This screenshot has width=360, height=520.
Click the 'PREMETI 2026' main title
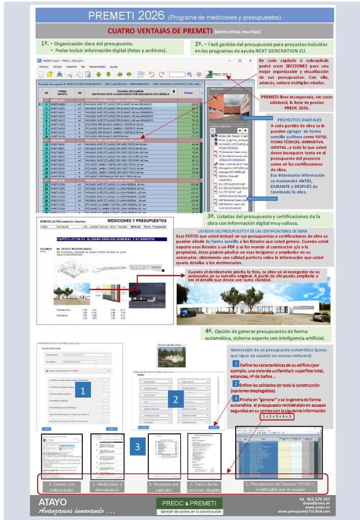pyautogui.click(x=123, y=15)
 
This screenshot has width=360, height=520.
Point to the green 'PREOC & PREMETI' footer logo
pyautogui.click(x=189, y=504)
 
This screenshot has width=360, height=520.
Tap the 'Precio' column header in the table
pyautogui.click(x=188, y=93)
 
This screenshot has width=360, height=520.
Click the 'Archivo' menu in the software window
pyautogui.click(x=44, y=67)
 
